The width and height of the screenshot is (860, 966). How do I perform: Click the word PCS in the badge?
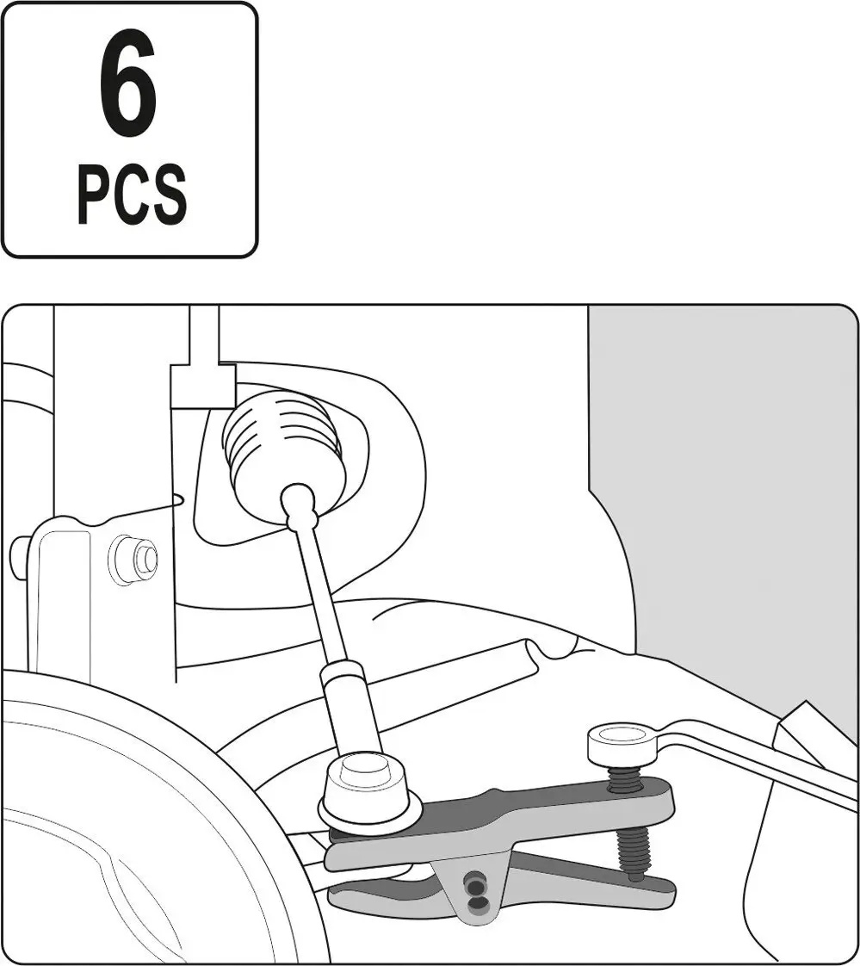pos(132,194)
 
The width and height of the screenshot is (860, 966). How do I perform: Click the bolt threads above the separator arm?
pos(624,778)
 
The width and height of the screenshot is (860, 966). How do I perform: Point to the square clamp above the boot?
pos(201,387)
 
